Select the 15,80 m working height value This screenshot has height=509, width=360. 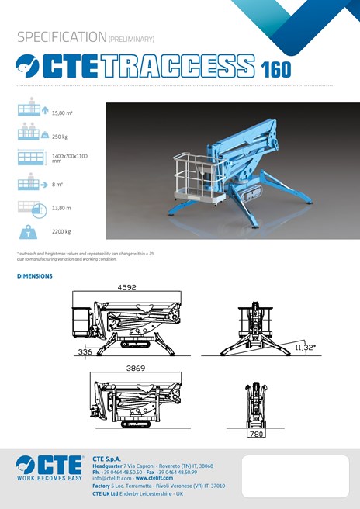pos(63,113)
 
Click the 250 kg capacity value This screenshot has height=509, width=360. pos(61,136)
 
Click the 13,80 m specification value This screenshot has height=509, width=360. pos(61,208)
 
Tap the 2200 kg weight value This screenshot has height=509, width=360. pos(61,231)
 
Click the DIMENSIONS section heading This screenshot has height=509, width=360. pos(35,276)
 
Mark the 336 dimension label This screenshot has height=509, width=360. pos(85,351)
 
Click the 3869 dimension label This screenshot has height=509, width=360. pos(136,368)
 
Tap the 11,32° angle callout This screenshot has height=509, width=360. pos(305,348)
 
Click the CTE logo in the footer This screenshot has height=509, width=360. pos(48,464)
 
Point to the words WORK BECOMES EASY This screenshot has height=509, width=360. pos(48,479)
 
